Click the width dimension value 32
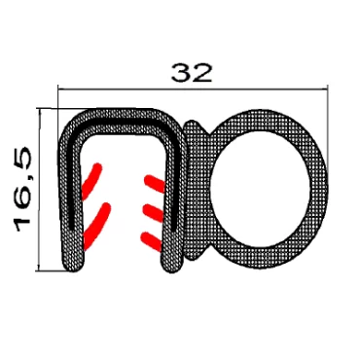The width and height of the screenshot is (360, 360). tap(192, 73)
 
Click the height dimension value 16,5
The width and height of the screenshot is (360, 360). tap(22, 190)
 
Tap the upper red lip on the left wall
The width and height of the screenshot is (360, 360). tap(91, 181)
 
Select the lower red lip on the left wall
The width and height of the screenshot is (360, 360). tap(96, 226)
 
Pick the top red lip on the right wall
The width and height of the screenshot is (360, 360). tap(155, 183)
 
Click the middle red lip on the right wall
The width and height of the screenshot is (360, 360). tap(154, 212)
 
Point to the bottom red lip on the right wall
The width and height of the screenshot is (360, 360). tap(151, 241)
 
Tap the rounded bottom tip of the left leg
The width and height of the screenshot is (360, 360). tap(74, 265)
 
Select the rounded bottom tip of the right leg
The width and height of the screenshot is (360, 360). tap(171, 265)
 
